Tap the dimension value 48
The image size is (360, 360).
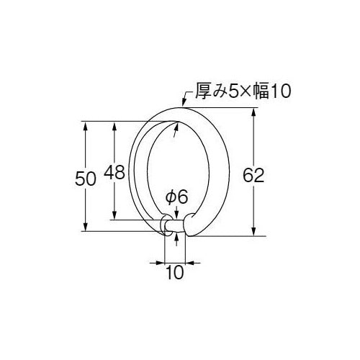pyautogui.click(x=114, y=173)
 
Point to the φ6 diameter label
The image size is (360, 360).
pyautogui.click(x=176, y=197)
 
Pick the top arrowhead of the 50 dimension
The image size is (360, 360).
pyautogui.click(x=86, y=126)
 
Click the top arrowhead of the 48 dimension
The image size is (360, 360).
pyautogui.click(x=113, y=126)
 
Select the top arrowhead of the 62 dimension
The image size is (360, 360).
pyautogui.click(x=254, y=112)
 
